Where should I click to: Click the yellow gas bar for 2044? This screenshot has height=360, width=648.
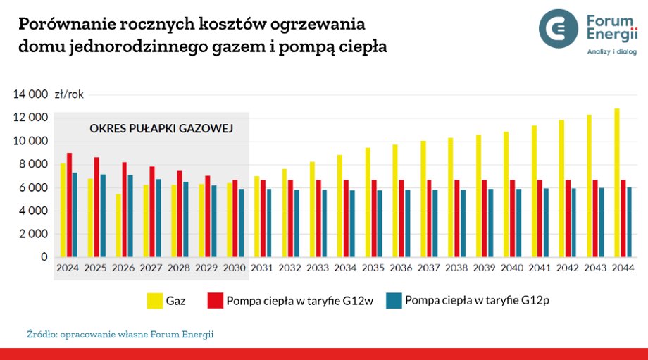[x=617, y=183]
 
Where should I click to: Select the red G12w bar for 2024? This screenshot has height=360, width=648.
[x=69, y=205]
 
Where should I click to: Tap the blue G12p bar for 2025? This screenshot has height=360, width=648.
[x=103, y=216]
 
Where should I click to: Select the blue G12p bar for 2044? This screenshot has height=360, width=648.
[x=630, y=222]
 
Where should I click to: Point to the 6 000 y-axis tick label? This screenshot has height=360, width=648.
[x=32, y=188]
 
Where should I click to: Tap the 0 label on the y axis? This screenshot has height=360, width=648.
[x=44, y=258]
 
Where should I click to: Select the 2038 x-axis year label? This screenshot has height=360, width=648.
[x=456, y=268]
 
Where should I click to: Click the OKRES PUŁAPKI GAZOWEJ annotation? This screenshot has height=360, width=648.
[x=161, y=129]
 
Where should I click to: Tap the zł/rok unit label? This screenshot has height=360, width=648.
[x=68, y=94]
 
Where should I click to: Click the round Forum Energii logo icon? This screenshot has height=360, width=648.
[x=559, y=29]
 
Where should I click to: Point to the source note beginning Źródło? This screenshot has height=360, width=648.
[x=120, y=334]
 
